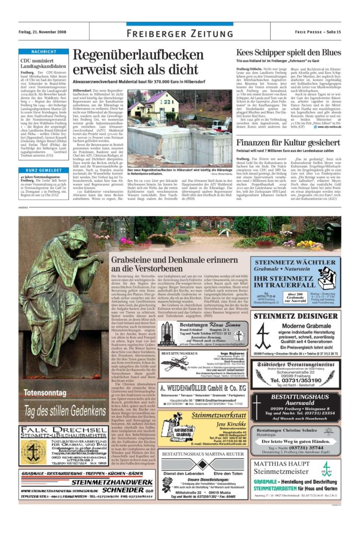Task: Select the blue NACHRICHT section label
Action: (43, 52)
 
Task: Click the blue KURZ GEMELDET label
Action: (43, 170)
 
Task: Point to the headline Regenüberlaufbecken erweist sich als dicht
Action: (137, 62)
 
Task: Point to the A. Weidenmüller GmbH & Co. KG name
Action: (203, 388)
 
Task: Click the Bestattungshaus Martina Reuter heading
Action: (202, 454)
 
